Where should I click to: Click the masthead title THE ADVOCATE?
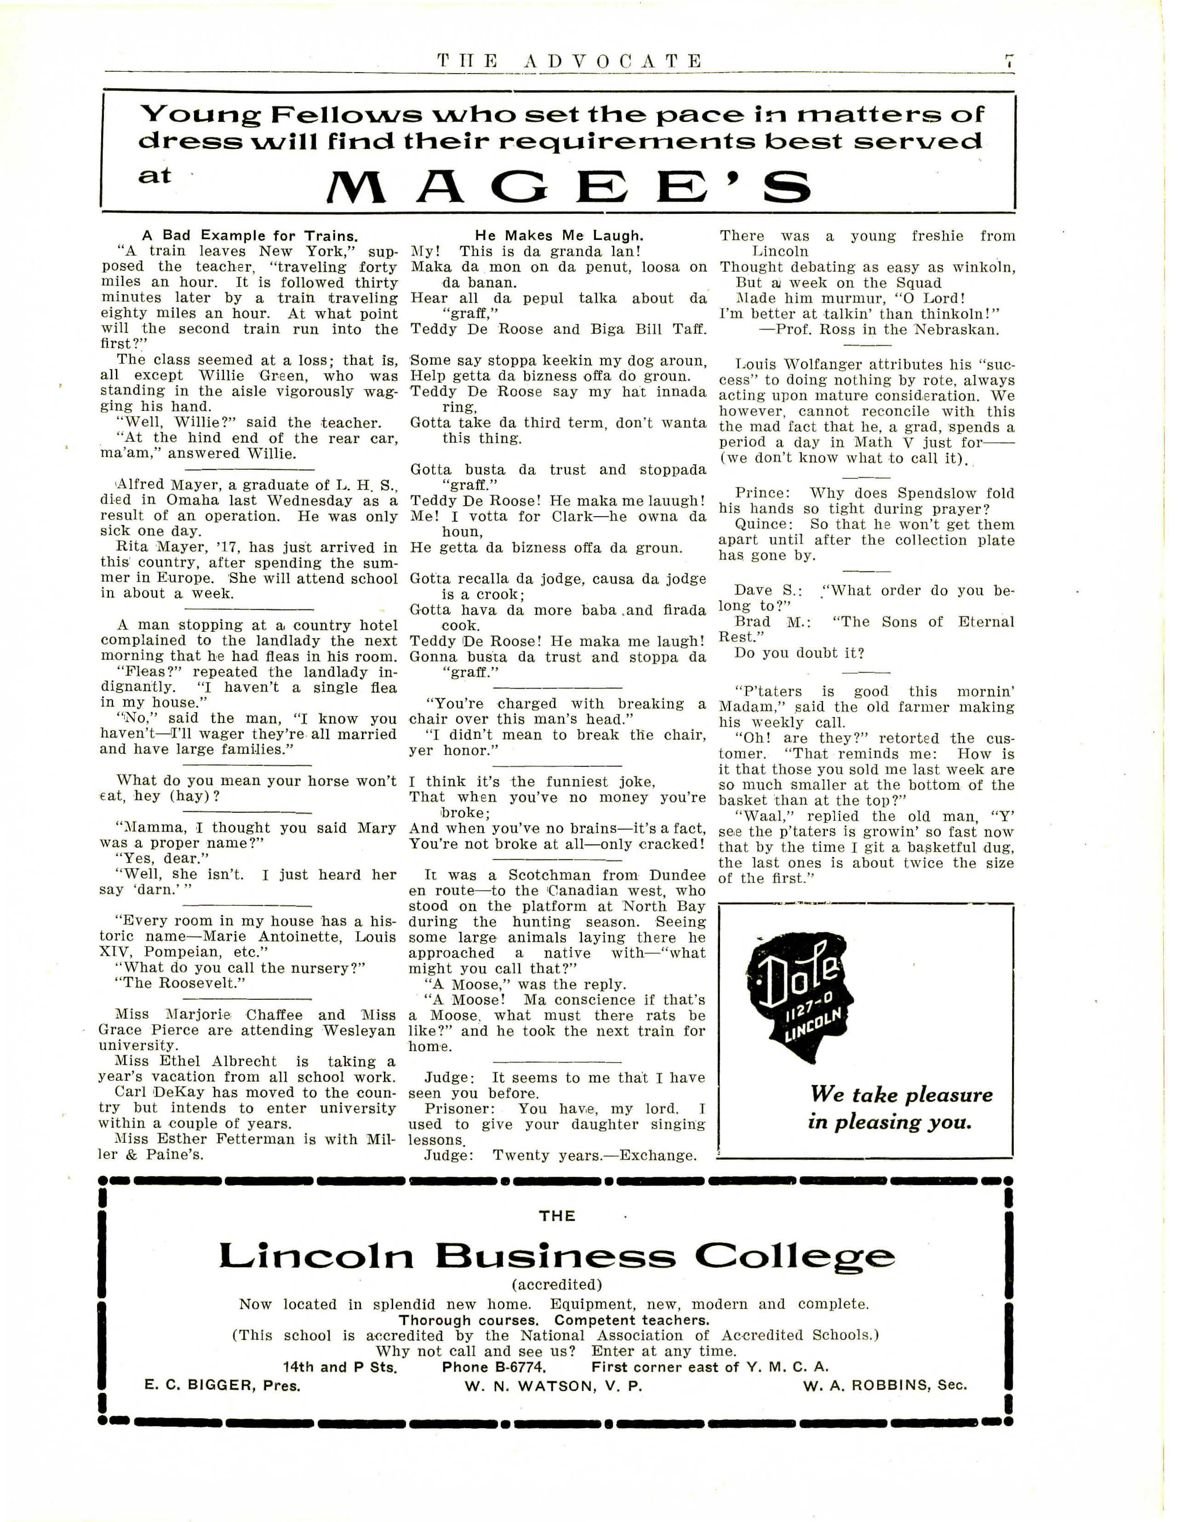[570, 61]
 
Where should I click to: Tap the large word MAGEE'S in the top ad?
[570, 185]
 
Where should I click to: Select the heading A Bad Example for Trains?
[250, 235]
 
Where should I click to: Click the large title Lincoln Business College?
[556, 1256]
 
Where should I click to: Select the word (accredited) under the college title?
[556, 1284]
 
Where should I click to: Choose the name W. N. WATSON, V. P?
[553, 1385]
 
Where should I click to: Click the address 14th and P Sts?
[339, 1367]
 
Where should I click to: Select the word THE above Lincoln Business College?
[557, 1216]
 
